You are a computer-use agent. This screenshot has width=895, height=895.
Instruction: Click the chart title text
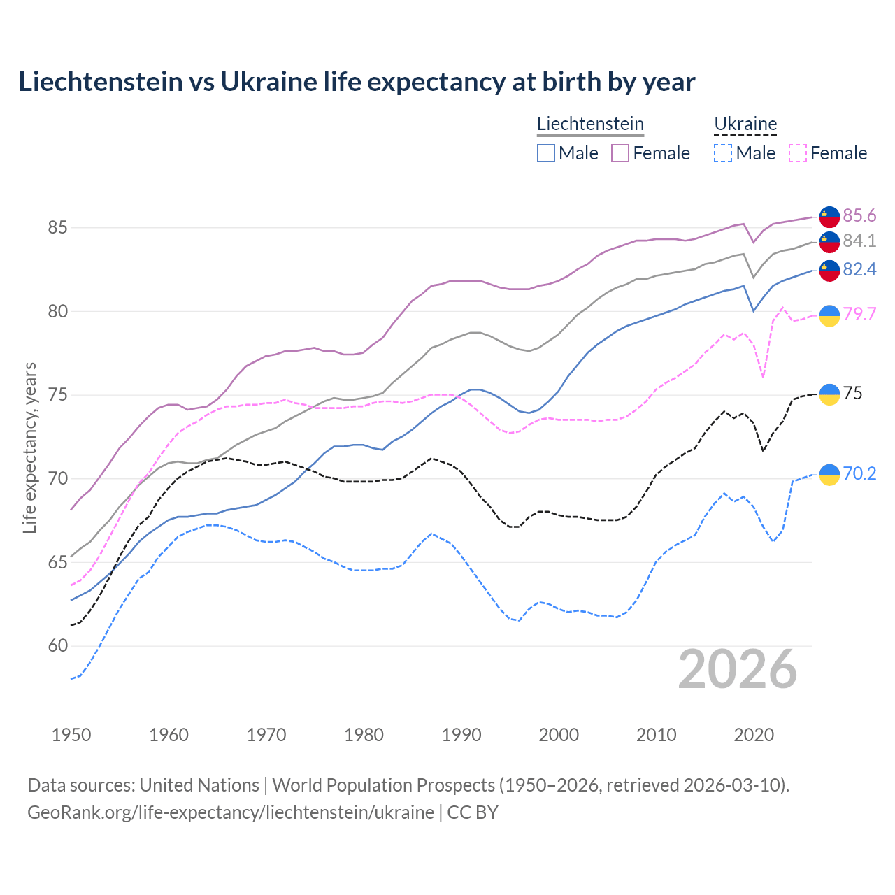(357, 82)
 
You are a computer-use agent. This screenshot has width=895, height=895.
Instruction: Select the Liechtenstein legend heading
(590, 124)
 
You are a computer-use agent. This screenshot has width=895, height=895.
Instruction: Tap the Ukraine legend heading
(745, 124)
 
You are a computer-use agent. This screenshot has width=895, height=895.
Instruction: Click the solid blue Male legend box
(546, 153)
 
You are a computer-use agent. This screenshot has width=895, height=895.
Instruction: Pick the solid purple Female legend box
(620, 153)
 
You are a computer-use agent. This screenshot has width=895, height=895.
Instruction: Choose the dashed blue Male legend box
(723, 153)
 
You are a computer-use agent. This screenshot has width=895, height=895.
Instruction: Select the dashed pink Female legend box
(798, 153)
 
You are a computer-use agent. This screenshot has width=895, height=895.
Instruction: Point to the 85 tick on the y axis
(57, 228)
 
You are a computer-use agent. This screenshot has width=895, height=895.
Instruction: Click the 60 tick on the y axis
(57, 646)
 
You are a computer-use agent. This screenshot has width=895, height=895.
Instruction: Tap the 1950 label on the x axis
(71, 735)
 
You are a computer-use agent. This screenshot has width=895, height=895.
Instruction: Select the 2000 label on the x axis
(559, 735)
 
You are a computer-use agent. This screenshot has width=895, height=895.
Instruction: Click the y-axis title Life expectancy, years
(29, 447)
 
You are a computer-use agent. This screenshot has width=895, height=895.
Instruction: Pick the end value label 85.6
(859, 215)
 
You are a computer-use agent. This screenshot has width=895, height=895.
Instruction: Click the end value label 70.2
(859, 473)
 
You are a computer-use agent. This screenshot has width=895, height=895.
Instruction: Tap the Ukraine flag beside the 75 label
(829, 394)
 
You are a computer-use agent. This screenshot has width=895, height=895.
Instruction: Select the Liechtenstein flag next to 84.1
(829, 241)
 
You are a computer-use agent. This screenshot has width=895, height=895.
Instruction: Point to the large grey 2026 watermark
(737, 669)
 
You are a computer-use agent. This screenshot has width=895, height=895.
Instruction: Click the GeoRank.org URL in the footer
(231, 812)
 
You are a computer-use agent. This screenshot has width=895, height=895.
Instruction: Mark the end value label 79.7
(859, 314)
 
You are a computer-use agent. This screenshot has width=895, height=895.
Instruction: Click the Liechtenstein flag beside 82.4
(829, 271)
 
